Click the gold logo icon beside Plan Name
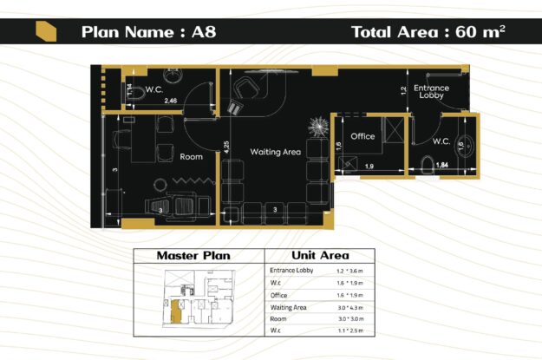pyautogui.click(x=46, y=32)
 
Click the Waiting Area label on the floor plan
pyautogui.click(x=275, y=152)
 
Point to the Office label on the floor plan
pyautogui.click(x=362, y=136)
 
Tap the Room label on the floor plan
pyautogui.click(x=191, y=157)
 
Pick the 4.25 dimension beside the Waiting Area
pyautogui.click(x=226, y=147)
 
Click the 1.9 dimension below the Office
pyautogui.click(x=369, y=166)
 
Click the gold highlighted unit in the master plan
pyautogui.click(x=176, y=310)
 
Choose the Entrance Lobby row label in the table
pyautogui.click(x=291, y=271)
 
